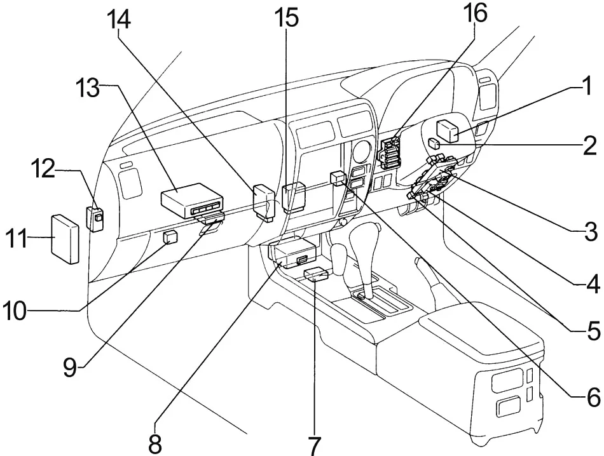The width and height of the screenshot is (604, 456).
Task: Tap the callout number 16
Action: coord(475,14)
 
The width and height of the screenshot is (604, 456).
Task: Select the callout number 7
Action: coord(314,446)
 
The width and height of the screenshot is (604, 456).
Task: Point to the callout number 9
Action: coord(70,367)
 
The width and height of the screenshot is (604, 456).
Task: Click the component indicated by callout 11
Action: coord(65,239)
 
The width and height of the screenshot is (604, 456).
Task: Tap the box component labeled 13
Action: coord(191,199)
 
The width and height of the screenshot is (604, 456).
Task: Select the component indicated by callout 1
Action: coord(447,131)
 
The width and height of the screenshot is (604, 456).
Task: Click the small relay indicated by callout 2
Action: coord(434,144)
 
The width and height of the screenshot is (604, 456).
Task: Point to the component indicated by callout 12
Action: coord(95,218)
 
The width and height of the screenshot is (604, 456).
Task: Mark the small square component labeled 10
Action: coord(170,237)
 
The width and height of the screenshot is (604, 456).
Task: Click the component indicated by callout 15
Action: coord(294,198)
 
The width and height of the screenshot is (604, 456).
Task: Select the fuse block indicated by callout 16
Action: coord(390,153)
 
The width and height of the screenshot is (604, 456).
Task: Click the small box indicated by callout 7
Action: coord(316,275)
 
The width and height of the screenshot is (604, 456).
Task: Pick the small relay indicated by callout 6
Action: coord(338,178)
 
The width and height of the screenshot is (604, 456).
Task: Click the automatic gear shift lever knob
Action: coord(364,241)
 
